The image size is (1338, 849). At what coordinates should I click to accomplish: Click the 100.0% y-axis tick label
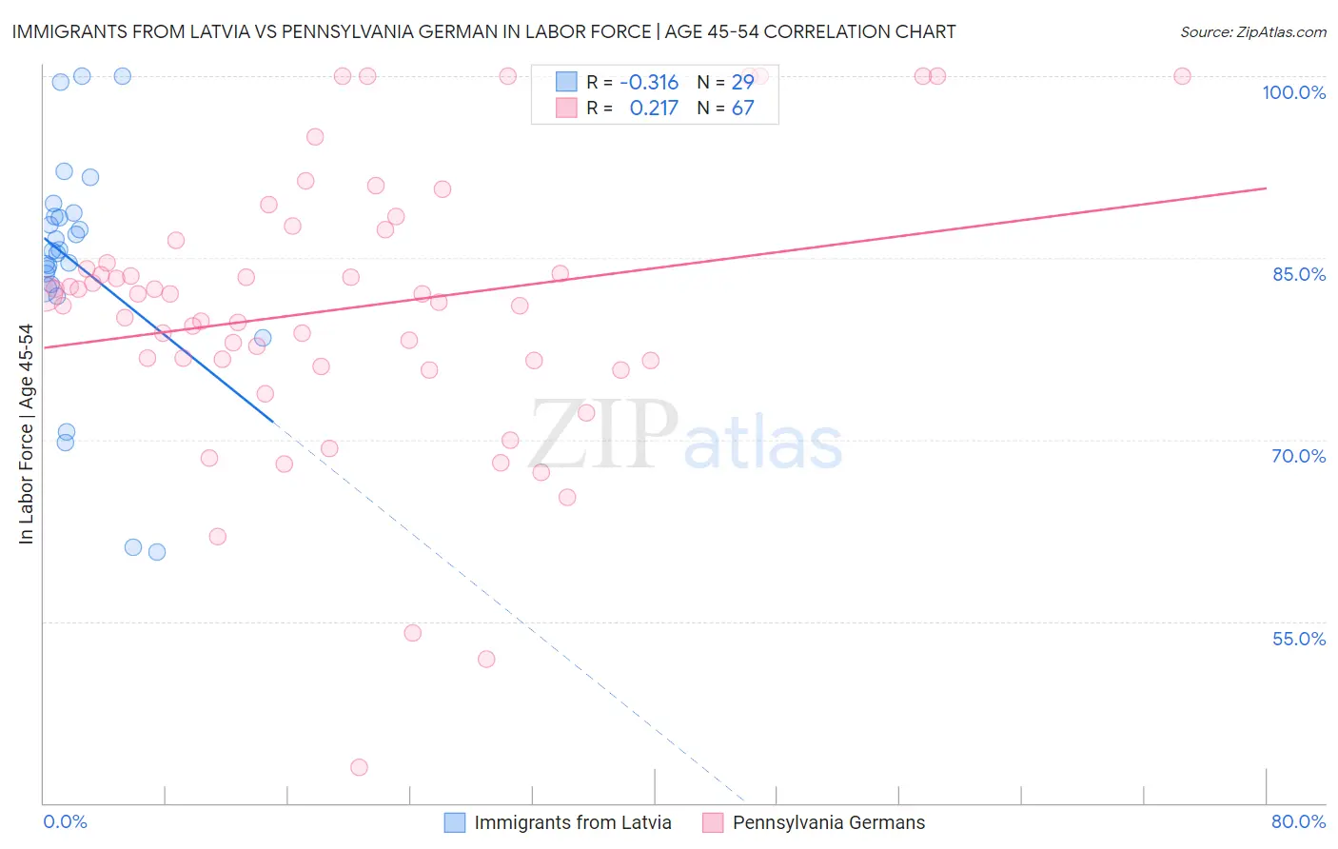pyautogui.click(x=1293, y=92)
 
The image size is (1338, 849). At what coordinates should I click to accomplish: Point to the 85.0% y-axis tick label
pyautogui.click(x=1299, y=274)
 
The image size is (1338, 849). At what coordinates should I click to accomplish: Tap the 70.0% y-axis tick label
pyautogui.click(x=1298, y=456)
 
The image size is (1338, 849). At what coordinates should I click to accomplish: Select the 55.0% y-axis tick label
pyautogui.click(x=1298, y=639)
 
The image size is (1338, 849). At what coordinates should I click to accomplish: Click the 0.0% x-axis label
pyautogui.click(x=65, y=821)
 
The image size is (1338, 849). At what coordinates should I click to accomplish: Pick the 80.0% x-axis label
pyautogui.click(x=1298, y=821)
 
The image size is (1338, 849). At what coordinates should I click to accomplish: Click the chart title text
pyautogui.click(x=483, y=31)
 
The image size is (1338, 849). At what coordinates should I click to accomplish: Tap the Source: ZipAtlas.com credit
pyautogui.click(x=1252, y=31)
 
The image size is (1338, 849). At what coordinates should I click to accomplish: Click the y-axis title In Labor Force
pyautogui.click(x=26, y=434)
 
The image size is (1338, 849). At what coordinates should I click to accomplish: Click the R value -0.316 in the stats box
pyautogui.click(x=649, y=82)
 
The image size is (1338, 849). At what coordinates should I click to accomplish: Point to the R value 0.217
pyautogui.click(x=654, y=108)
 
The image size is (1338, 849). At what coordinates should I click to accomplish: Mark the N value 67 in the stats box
pyautogui.click(x=742, y=108)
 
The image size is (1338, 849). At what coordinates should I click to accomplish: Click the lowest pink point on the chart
pyautogui.click(x=359, y=767)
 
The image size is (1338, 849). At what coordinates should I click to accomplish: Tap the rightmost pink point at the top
pyautogui.click(x=1182, y=76)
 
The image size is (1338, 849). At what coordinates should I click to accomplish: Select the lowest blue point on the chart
pyautogui.click(x=157, y=552)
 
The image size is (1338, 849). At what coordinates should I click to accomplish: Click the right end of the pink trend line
pyautogui.click(x=1266, y=188)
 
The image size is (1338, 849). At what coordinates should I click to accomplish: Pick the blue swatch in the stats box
pyautogui.click(x=566, y=82)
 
